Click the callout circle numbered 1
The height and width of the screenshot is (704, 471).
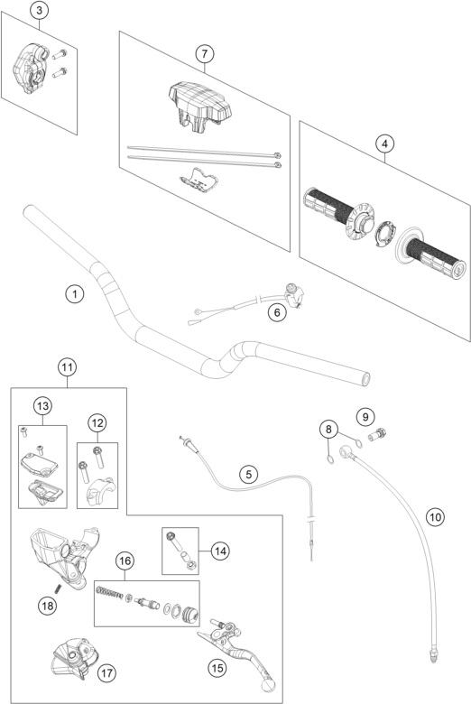coord(75,294)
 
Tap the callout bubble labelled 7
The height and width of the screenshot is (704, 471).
coord(204,54)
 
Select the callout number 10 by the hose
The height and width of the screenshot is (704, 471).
coord(435,517)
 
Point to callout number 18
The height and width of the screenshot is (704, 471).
coord(47,607)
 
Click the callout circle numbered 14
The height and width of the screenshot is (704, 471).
coord(220,551)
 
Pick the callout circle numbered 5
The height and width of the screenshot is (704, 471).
coord(249,474)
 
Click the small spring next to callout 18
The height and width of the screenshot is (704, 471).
coord(58,588)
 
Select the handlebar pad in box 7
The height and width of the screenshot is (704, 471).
coord(199,105)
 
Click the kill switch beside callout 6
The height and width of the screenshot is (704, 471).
coord(291,295)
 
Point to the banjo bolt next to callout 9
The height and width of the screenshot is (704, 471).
coord(377,435)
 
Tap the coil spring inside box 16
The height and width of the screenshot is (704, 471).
coord(109,593)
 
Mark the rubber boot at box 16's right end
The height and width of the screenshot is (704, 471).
coord(190,613)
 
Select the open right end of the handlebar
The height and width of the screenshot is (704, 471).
coord(365,379)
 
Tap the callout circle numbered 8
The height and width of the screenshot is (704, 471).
coord(328,430)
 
